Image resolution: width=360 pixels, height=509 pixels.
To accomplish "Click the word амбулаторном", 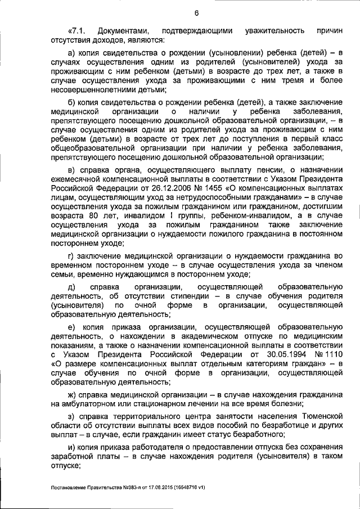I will pyautogui.click(x=91, y=403).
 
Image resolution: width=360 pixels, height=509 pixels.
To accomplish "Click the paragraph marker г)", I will pyautogui.click(x=71, y=256).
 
